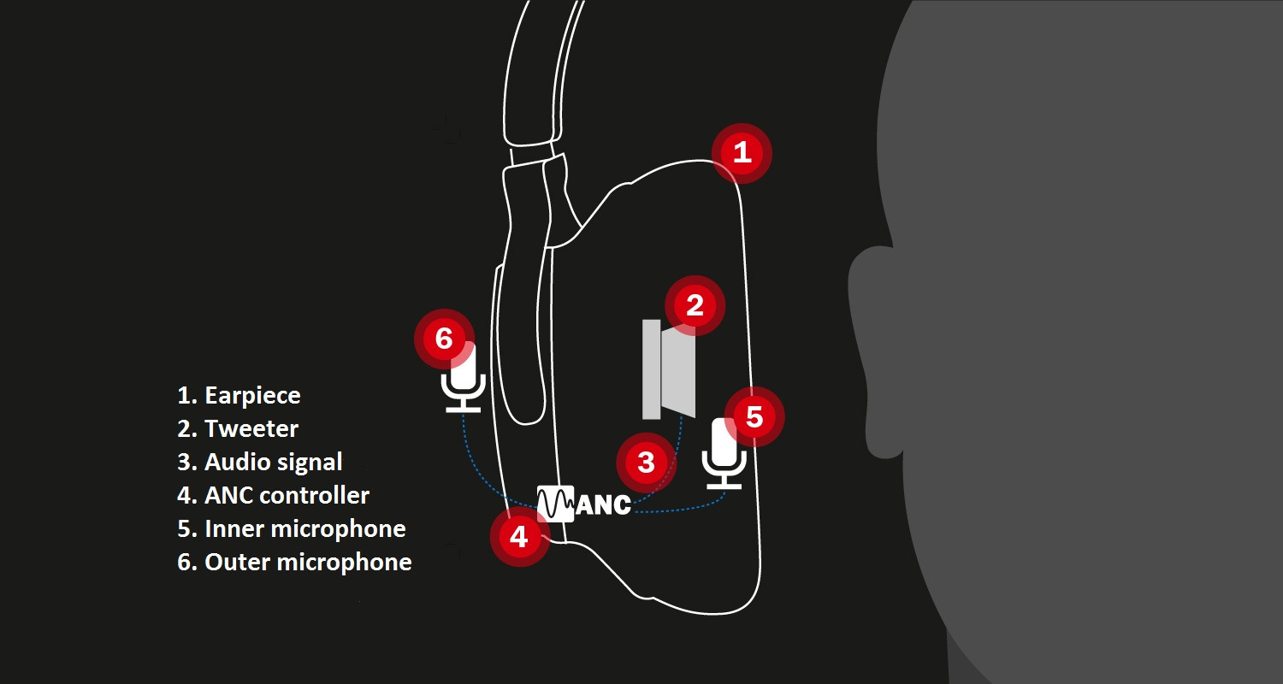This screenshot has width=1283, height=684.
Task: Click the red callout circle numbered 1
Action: pyautogui.click(x=742, y=153)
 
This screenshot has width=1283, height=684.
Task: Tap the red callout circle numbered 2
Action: pyautogui.click(x=695, y=305)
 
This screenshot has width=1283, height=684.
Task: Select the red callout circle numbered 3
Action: pyautogui.click(x=646, y=463)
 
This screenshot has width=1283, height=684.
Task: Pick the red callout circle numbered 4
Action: pyautogui.click(x=519, y=537)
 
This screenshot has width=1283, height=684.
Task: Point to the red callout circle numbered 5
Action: pyautogui.click(x=754, y=416)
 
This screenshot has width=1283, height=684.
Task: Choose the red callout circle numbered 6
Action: pyautogui.click(x=445, y=339)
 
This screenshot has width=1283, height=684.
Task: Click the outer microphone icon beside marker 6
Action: pyautogui.click(x=464, y=378)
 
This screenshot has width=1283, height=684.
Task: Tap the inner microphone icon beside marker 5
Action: pyautogui.click(x=724, y=453)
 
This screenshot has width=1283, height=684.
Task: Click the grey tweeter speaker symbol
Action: pyautogui.click(x=669, y=369)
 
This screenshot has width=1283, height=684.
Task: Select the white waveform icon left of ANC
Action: pyautogui.click(x=555, y=504)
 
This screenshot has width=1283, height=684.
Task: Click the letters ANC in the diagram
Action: pyautogui.click(x=603, y=504)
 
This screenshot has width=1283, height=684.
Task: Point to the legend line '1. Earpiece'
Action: pyautogui.click(x=239, y=396)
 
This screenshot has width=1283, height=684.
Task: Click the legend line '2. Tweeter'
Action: pyautogui.click(x=238, y=428)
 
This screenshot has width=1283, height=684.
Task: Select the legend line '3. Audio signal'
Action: pyautogui.click(x=259, y=463)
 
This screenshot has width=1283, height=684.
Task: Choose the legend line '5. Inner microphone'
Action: pyautogui.click(x=292, y=529)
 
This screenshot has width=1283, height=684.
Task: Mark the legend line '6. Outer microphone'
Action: pyautogui.click(x=294, y=562)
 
